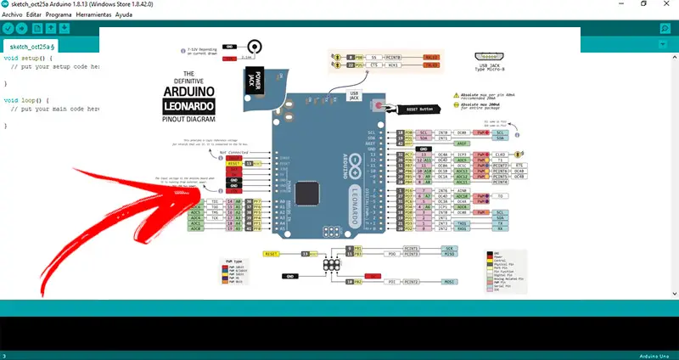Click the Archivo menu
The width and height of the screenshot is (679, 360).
(13, 15)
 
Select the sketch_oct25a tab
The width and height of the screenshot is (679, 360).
(31, 46)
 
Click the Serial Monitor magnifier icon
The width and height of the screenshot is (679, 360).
(665, 30)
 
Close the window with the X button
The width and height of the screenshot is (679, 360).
(665, 5)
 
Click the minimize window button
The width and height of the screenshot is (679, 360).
(618, 5)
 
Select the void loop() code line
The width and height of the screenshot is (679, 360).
(22, 100)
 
